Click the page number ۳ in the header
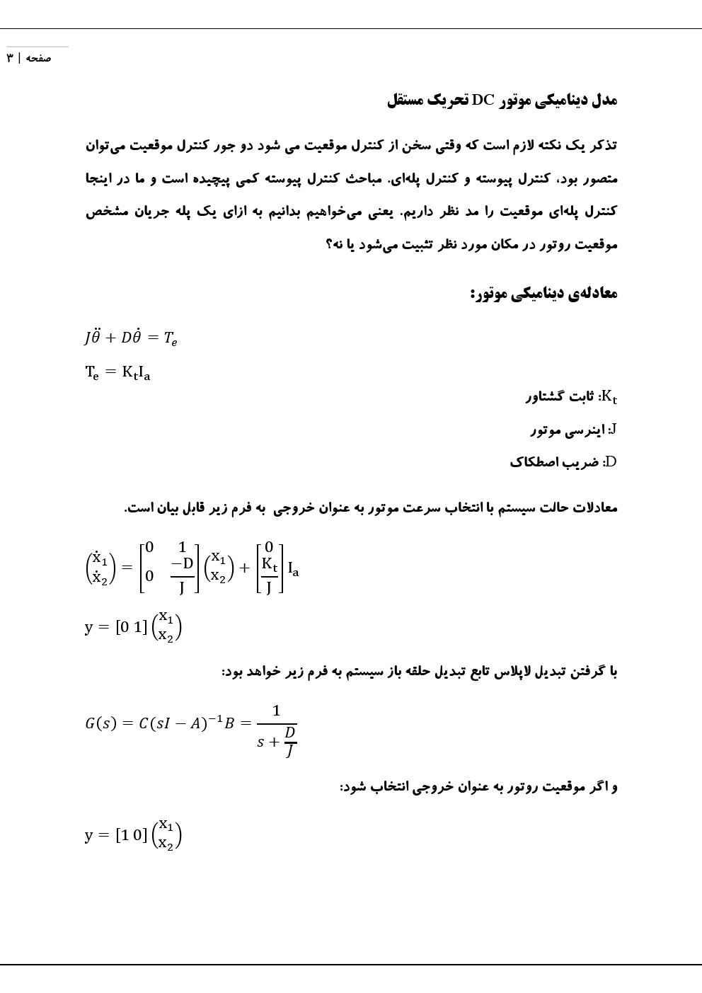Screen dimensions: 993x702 [x=10, y=58]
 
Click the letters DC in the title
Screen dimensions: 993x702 [x=483, y=101]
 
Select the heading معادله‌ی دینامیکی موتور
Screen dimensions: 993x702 [x=543, y=294]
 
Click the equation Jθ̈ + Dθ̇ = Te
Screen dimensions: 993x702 [x=131, y=338]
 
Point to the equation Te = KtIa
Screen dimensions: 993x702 [x=117, y=372]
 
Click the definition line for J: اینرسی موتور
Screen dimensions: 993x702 [x=573, y=430]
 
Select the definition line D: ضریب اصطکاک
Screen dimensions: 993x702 [x=563, y=462]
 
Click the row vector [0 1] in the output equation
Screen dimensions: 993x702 [x=132, y=627]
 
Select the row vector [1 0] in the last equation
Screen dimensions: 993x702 [x=132, y=835]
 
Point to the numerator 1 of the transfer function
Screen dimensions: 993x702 [x=276, y=710]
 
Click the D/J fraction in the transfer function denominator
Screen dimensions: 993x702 [x=290, y=741]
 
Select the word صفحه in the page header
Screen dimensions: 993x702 [x=38, y=58]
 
